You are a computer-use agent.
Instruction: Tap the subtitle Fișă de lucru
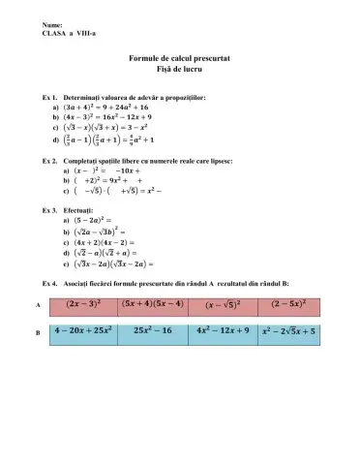coord(181,73)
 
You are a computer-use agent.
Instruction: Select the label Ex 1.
coord(52,99)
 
